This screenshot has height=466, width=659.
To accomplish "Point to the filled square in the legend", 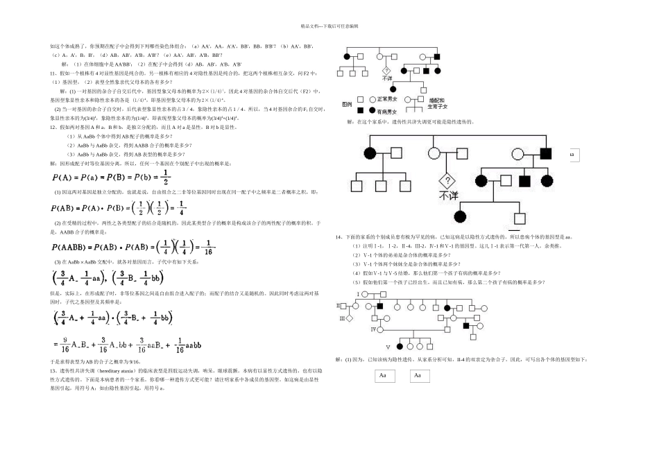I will tap(361, 110).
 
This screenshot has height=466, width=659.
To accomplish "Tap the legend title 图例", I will tap(347, 103).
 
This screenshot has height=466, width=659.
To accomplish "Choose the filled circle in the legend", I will tap(371, 110).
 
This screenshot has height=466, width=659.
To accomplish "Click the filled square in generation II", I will tap(380, 307).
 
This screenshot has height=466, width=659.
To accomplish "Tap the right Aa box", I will tap(418, 376).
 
